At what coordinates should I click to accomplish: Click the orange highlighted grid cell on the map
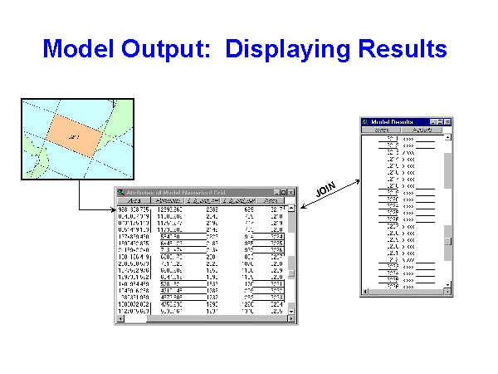76,132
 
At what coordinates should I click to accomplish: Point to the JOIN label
325,187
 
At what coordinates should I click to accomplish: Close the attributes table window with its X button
290,193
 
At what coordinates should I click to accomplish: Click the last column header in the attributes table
271,201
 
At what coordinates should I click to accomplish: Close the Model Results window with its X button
447,122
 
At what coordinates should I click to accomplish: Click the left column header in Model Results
382,130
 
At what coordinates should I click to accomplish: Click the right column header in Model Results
422,130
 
